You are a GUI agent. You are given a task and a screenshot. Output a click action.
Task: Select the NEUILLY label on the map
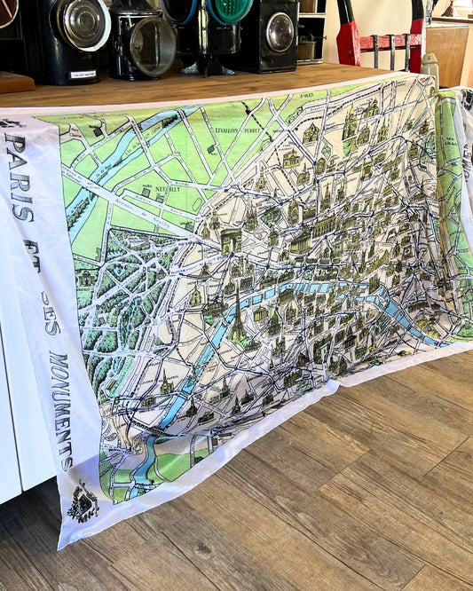click(x=165, y=188)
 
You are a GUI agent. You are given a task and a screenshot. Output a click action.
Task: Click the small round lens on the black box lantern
click(x=280, y=32)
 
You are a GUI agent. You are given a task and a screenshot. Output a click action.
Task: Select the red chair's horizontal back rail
click(x=391, y=41)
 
